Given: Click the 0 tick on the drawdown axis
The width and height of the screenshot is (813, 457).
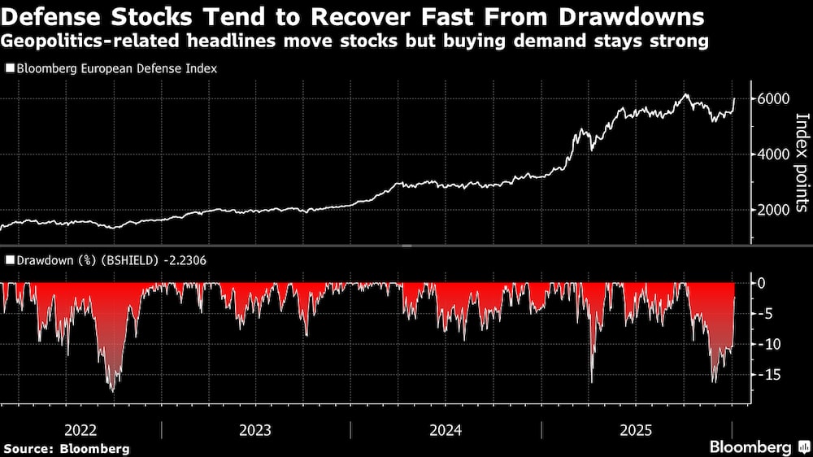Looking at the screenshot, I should [x=762, y=283].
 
